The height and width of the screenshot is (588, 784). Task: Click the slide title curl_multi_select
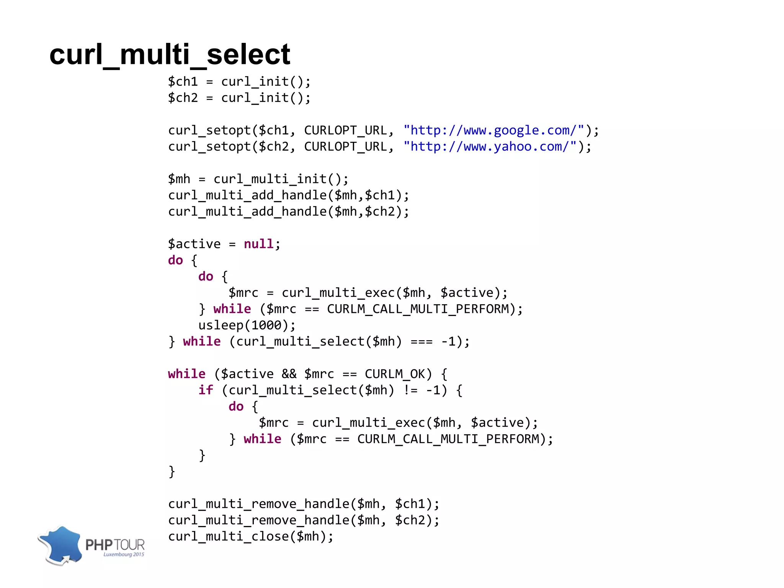click(x=170, y=55)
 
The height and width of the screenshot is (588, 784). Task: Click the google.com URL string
click(x=493, y=130)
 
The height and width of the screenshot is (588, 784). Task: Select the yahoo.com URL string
click(x=490, y=146)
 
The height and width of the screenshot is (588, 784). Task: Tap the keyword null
click(x=258, y=244)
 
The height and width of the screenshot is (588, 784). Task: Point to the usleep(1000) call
click(x=247, y=325)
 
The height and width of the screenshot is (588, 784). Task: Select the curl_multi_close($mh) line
click(x=251, y=536)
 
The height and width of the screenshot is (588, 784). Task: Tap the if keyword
click(x=206, y=390)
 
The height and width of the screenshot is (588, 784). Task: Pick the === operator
click(x=421, y=341)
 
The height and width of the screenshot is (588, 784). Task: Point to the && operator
click(x=289, y=373)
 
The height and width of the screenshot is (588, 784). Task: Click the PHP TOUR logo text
click(x=115, y=544)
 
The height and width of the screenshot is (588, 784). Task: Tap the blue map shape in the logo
click(x=62, y=544)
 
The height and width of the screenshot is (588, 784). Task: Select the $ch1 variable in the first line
click(x=183, y=82)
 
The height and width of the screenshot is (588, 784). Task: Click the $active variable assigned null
click(x=194, y=244)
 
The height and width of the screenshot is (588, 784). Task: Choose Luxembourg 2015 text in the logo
click(x=124, y=554)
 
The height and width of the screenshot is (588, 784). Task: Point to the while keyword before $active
click(x=186, y=373)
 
